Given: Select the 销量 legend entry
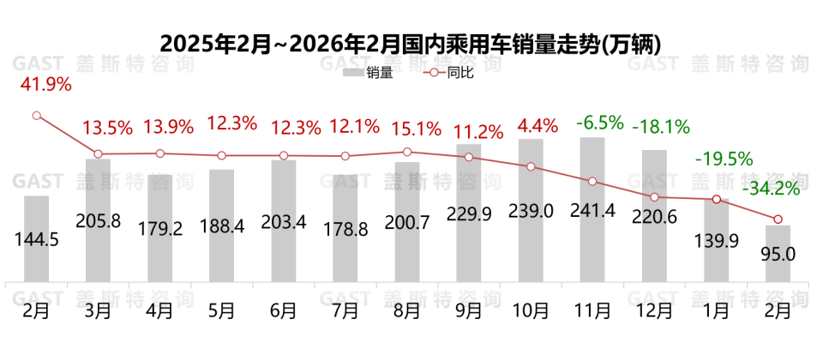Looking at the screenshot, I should point(368,74).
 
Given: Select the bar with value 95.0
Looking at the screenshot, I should point(777,254).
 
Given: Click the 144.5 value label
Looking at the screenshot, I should point(36,240).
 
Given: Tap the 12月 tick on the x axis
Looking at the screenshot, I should point(653,310).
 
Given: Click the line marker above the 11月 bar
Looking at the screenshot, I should point(592,181).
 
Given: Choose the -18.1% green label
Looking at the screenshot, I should point(661,127).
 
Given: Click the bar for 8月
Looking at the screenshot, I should point(406,221).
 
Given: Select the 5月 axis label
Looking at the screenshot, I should point(221,310).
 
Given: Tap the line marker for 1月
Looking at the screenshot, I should point(715,200).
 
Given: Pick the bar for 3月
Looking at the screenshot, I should point(98,219).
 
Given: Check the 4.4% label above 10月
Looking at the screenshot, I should point(536,126).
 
